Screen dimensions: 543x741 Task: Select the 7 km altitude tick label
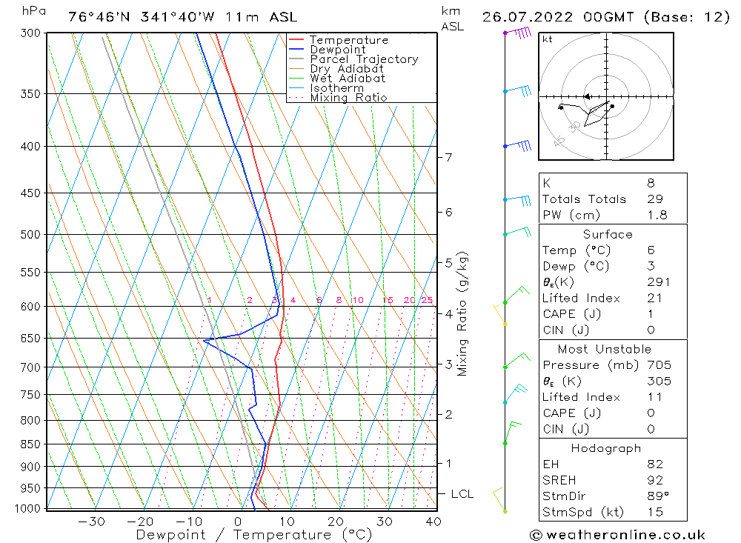click(448, 157)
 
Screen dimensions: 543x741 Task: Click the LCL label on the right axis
click(462, 494)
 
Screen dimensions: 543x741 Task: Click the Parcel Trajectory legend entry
click(363, 59)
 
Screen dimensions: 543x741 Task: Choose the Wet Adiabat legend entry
click(348, 79)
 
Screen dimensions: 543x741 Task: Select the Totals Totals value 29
click(654, 199)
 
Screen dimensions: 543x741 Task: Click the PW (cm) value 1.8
click(657, 216)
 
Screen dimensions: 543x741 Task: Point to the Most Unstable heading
click(605, 350)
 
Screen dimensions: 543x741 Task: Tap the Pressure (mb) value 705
click(658, 365)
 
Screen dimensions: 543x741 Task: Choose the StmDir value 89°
click(657, 496)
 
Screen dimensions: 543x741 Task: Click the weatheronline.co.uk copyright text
click(617, 535)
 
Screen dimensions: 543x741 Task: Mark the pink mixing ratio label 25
click(427, 300)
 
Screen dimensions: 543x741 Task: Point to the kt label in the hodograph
click(547, 39)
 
